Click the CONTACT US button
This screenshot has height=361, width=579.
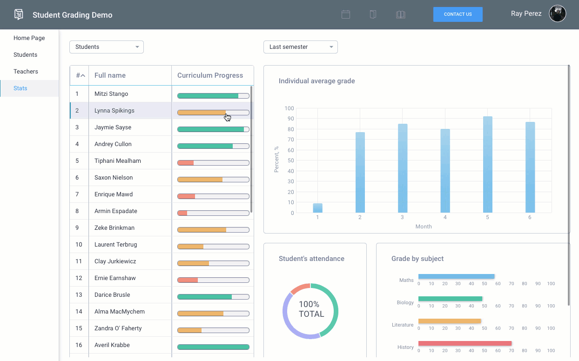click(x=458, y=14)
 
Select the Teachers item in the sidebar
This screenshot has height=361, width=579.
click(x=26, y=72)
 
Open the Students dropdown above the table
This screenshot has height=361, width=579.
click(x=106, y=47)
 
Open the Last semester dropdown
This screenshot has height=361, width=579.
click(x=300, y=47)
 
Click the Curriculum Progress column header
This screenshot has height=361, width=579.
click(x=210, y=75)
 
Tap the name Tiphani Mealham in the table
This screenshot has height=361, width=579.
click(x=117, y=161)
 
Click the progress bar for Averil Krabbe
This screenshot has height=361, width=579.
click(x=213, y=347)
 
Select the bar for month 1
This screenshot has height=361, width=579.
click(x=317, y=208)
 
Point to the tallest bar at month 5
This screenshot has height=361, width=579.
click(x=487, y=165)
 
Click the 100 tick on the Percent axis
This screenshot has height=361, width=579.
click(x=289, y=108)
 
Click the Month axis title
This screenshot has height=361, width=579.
click(x=424, y=227)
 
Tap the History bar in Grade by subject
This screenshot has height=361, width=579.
click(x=465, y=344)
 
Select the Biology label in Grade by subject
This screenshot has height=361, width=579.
click(x=405, y=302)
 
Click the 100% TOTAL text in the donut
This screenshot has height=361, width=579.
click(x=311, y=309)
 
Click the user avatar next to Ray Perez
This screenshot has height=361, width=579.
click(x=557, y=14)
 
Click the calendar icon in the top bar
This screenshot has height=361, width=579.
click(x=345, y=14)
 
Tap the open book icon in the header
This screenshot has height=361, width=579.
click(x=400, y=14)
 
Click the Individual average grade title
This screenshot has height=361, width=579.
click(x=316, y=81)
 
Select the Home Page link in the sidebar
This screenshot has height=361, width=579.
click(x=29, y=38)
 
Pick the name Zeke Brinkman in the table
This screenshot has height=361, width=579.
click(x=114, y=228)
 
